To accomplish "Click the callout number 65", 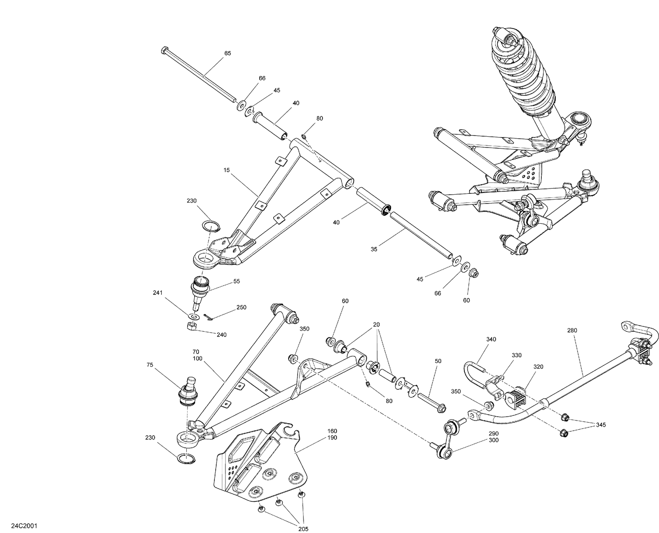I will point(228,53).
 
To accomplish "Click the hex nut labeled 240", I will point(191,326).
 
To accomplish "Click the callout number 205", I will point(303,529).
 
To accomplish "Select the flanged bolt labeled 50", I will point(430,400).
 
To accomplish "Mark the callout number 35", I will point(374,249).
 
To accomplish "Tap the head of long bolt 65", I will point(165,49).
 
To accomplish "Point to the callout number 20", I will point(377,324).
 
